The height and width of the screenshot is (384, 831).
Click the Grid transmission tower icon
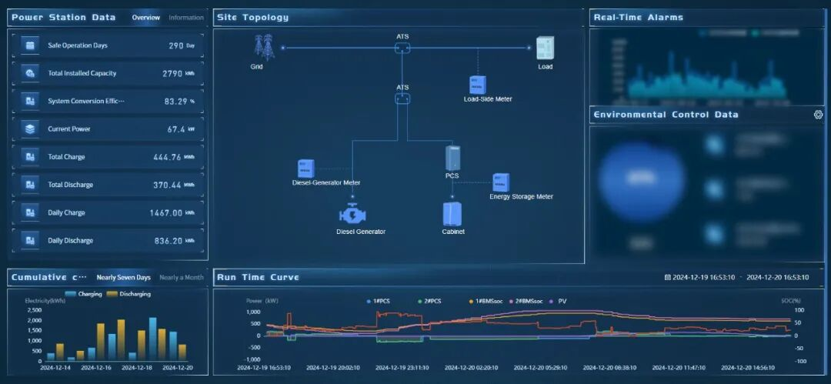tap(265, 48)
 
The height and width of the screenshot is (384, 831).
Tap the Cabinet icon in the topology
tap(452, 213)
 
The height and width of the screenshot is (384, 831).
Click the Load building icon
tap(545, 48)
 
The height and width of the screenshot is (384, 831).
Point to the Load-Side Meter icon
tap(477, 84)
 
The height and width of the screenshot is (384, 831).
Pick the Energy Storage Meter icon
tap(501, 182)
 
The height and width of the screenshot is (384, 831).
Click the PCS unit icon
tap(452, 158)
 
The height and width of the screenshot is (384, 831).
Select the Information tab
tap(186, 18)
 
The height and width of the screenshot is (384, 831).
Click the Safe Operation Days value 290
tap(176, 45)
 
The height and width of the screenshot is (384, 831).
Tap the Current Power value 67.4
tap(176, 129)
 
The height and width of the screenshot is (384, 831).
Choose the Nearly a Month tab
tap(181, 277)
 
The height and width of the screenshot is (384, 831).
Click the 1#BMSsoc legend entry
tap(486, 301)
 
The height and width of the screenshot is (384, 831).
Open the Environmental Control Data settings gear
tap(818, 115)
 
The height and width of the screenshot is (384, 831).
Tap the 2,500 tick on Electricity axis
tap(35, 309)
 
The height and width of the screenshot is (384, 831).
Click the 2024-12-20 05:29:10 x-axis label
tap(545, 368)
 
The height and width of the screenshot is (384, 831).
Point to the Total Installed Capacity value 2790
tap(172, 74)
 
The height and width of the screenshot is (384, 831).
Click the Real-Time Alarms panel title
tap(638, 17)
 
